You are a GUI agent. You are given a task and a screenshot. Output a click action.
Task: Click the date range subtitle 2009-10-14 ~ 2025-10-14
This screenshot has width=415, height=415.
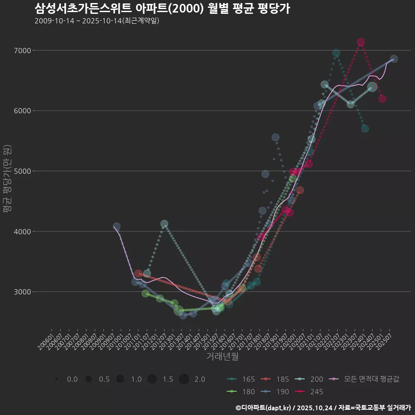point(97,21)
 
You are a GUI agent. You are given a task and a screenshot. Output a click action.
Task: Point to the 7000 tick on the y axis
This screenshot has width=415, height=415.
point(23,51)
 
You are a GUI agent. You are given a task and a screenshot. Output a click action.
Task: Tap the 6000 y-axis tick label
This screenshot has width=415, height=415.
point(23,111)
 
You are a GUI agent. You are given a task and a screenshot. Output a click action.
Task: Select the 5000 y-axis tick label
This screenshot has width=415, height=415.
point(23,171)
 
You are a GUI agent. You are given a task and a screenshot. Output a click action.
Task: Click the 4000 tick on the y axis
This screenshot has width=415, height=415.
point(23,231)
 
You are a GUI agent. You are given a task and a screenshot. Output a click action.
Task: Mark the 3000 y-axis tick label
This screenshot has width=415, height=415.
point(23,292)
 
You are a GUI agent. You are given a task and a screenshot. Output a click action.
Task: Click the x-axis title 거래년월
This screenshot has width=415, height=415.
point(223,357)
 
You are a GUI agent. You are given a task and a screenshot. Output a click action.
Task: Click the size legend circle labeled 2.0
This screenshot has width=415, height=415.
point(184,379)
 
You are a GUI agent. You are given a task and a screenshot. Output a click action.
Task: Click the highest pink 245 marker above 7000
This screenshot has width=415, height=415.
point(361,42)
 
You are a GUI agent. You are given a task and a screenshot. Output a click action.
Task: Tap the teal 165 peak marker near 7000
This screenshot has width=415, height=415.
point(336,53)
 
